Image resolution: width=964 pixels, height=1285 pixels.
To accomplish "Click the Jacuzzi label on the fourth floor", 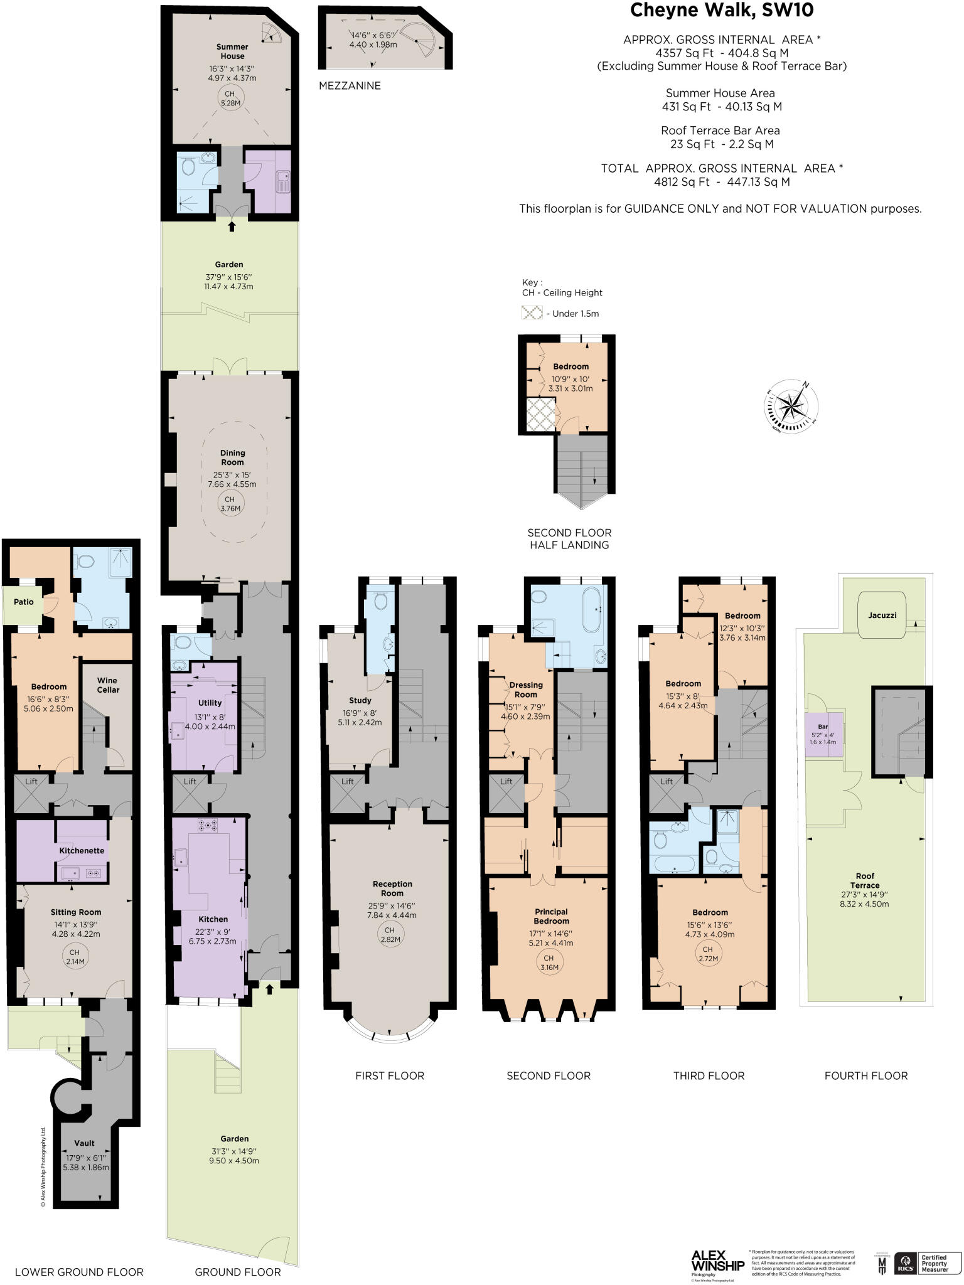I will [x=882, y=615].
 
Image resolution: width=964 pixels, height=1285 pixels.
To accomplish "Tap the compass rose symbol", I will [x=792, y=407].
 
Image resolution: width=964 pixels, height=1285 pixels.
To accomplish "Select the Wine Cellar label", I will [x=107, y=685].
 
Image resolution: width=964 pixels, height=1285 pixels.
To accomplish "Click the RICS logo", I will [x=905, y=1263].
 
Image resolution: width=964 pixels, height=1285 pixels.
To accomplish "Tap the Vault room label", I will [x=85, y=1143].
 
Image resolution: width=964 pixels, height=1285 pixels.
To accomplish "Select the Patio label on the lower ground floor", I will [x=24, y=602].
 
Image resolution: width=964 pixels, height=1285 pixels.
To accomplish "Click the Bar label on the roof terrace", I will [x=823, y=727].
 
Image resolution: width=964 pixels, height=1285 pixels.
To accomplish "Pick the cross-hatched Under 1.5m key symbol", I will [x=532, y=312].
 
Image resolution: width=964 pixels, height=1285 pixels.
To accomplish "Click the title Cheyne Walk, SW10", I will [x=722, y=11].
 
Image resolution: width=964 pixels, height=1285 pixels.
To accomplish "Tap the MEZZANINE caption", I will [x=350, y=86].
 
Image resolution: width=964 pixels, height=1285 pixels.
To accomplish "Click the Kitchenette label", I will [x=82, y=850].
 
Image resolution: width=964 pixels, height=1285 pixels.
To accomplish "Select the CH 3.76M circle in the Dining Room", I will [x=230, y=504].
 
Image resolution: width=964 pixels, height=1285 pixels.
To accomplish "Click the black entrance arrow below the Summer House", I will [x=232, y=227].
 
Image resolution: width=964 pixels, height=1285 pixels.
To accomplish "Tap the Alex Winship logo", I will [x=717, y=1261].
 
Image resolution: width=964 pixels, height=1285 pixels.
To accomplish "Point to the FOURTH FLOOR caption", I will [x=865, y=1075].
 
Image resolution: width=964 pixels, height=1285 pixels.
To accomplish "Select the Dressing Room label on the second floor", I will [x=526, y=690].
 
